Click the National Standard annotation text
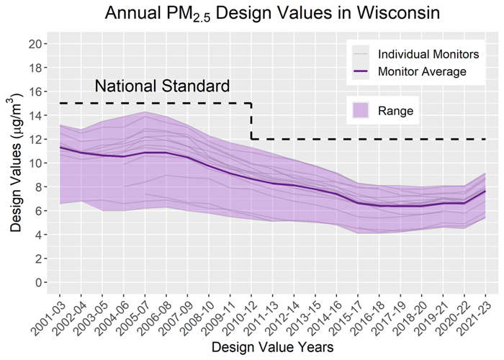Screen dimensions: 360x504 tap(163, 87)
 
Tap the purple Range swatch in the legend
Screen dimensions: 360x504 tap(361, 110)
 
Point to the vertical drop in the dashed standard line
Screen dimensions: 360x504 tap(251, 121)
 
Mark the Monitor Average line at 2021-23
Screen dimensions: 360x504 tap(485, 192)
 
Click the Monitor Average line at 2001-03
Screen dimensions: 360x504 tap(60, 148)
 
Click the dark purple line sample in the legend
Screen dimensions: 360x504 tap(361, 71)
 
